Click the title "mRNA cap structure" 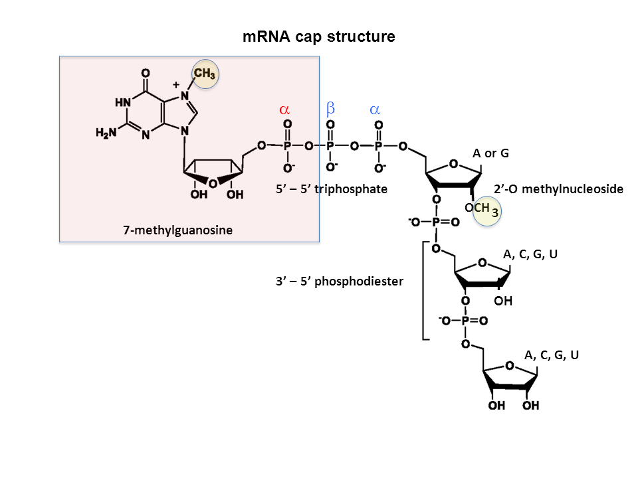pos(319,37)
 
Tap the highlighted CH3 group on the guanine pos(205,74)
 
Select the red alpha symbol pos(284,109)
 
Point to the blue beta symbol pos(330,108)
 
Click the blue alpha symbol pos(375,109)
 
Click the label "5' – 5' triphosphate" pos(331,189)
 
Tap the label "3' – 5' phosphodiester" pos(340,281)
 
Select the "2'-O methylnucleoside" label pos(559,189)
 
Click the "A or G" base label pos(490,153)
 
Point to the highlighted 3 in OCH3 pos(495,212)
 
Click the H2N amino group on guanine pos(106,133)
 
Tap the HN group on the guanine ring pos(122,103)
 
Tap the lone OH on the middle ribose pos(504,301)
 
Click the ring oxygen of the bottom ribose pos(509,366)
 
